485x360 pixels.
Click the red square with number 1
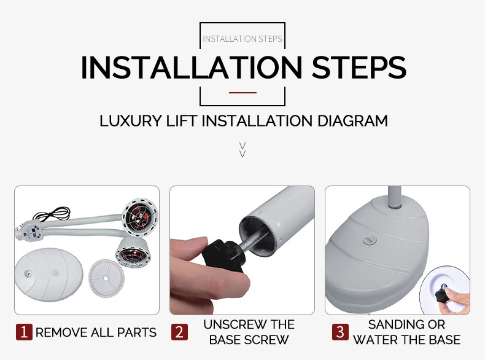24,332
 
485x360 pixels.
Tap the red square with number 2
179,332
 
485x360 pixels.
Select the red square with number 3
340,332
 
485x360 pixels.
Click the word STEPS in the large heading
359,67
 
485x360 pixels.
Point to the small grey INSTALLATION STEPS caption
243,39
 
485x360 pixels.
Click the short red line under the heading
243,93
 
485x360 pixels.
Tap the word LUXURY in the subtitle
131,121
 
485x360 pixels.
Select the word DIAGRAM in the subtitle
352,121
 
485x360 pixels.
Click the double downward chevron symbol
243,150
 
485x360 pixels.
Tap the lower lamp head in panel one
133,252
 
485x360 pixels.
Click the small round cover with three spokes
106,278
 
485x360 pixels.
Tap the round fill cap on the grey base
370,240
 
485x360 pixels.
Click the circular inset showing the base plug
445,291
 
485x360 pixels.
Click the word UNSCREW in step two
231,324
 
